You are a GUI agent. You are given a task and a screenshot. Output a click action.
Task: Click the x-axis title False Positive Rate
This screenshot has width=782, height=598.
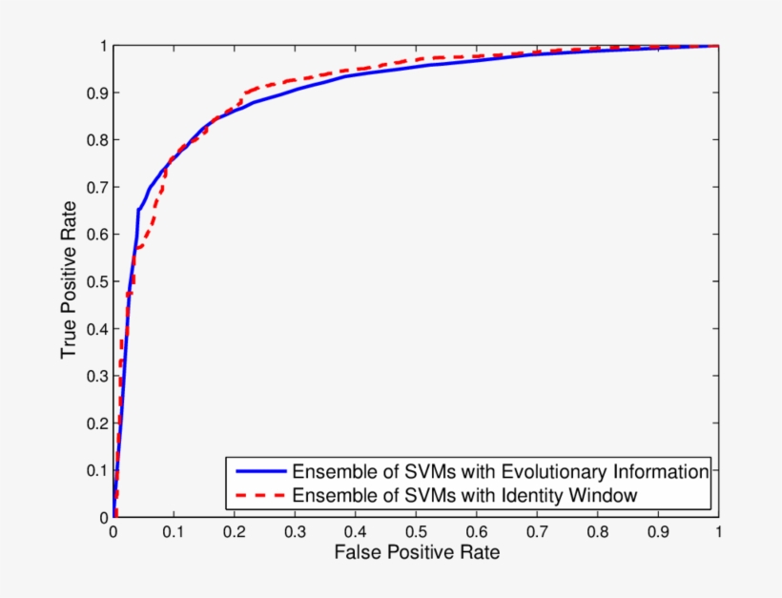click(x=416, y=552)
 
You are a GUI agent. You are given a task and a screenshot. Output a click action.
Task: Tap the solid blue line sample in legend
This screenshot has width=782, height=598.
click(x=257, y=471)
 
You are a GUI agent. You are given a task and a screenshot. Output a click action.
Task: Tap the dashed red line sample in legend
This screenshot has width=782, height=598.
click(x=257, y=495)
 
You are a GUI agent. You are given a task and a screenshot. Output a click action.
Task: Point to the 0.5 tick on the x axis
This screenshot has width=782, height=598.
click(x=416, y=533)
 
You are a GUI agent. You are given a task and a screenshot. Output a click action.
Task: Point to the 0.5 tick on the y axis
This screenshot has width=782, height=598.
click(x=95, y=281)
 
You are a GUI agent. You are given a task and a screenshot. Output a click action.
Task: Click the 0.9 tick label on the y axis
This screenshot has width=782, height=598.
click(x=95, y=93)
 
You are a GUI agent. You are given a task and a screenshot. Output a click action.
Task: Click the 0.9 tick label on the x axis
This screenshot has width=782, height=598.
click(x=658, y=533)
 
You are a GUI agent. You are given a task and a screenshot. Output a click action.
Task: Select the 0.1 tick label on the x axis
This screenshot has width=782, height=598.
click(x=174, y=533)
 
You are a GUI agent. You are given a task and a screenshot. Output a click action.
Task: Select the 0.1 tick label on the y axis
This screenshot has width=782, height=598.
click(x=95, y=470)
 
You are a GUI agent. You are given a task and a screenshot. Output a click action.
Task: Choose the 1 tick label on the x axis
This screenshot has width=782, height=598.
click(x=718, y=533)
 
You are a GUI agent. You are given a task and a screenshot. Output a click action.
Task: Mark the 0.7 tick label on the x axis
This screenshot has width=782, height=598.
click(x=537, y=533)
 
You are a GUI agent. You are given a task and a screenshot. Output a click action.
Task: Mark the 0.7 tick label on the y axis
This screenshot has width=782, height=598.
click(x=95, y=187)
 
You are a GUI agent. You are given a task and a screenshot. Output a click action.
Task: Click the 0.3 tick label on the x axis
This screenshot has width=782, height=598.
click(x=295, y=533)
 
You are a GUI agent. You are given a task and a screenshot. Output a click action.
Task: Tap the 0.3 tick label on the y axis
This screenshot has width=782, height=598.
click(x=95, y=376)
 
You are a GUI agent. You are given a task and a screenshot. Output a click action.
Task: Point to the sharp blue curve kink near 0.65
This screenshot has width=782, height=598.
click(x=138, y=210)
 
